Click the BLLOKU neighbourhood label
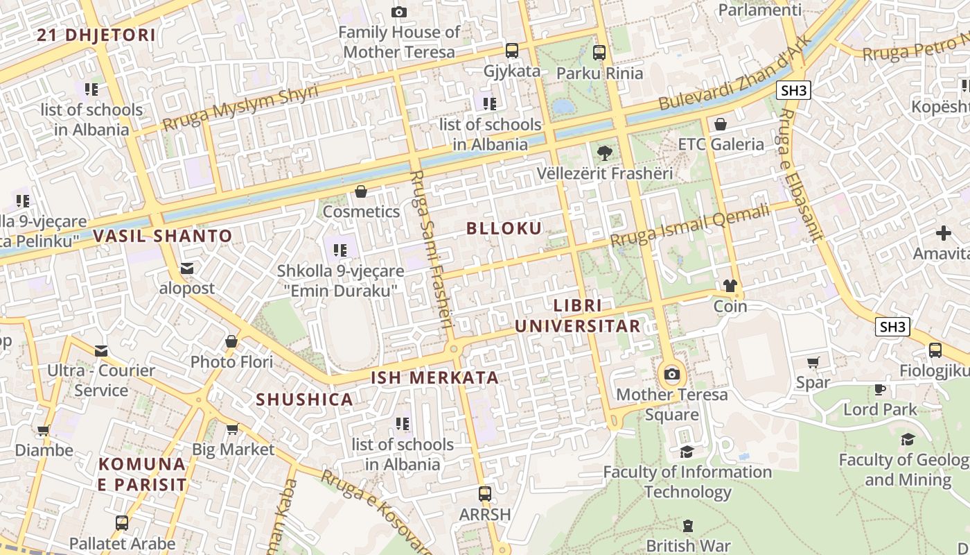[504, 228]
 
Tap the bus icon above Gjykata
[512, 51]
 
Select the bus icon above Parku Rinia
[599, 52]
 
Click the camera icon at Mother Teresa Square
[671, 375]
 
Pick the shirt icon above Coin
[730, 285]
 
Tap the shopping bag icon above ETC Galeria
[721, 124]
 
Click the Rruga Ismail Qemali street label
[689, 225]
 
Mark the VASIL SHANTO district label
[163, 236]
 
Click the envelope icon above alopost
[187, 268]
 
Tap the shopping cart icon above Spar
[813, 362]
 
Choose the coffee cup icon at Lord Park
[880, 389]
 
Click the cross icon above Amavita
[944, 233]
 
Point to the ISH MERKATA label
[435, 378]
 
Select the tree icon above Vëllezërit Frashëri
[604, 153]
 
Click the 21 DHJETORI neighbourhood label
[96, 35]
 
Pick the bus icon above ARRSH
[485, 494]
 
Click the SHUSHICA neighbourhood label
[305, 400]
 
